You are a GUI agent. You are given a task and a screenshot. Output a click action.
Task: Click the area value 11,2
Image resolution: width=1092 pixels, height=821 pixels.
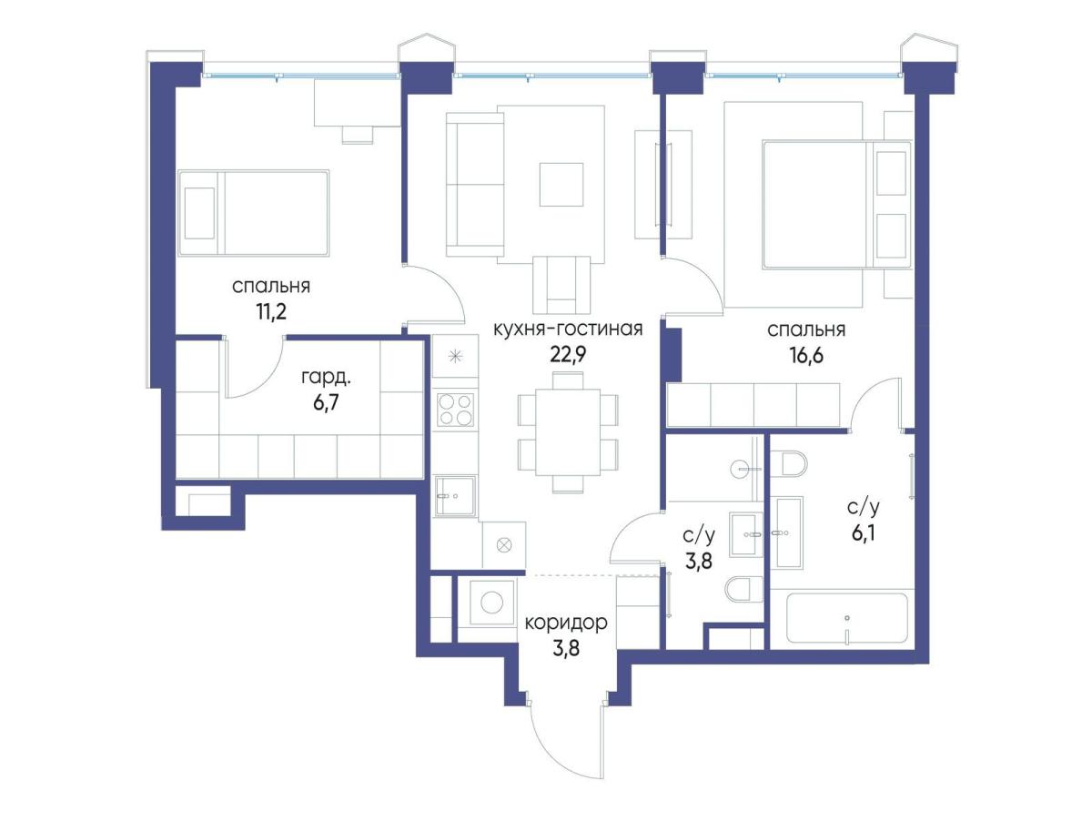(x=271, y=312)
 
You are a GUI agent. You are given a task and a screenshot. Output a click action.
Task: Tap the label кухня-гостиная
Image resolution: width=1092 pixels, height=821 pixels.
(x=568, y=329)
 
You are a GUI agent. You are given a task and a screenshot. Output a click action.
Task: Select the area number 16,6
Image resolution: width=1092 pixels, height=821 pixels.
(x=806, y=355)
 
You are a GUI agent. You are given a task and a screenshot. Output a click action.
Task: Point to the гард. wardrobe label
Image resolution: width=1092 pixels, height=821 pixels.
(x=326, y=378)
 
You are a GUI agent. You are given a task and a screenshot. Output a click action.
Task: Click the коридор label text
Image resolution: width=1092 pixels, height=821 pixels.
(x=566, y=623)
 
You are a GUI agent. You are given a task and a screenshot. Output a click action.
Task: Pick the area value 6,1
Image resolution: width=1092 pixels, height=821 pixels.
(x=864, y=533)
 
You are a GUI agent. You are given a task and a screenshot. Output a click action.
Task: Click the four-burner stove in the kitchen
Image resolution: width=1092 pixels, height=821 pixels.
(x=455, y=410)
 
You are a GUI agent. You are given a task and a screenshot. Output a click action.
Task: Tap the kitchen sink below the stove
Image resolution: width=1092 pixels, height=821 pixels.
(x=455, y=495)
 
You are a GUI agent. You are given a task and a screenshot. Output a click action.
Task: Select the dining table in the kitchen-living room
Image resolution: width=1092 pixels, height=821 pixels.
(x=568, y=432)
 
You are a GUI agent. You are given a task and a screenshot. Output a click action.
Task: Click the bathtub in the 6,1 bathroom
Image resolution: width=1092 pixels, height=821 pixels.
(x=846, y=619)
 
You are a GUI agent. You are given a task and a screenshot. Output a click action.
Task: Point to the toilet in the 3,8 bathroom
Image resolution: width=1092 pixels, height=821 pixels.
(x=743, y=590)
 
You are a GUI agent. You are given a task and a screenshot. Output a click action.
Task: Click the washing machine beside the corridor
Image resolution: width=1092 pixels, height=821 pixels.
(x=491, y=603)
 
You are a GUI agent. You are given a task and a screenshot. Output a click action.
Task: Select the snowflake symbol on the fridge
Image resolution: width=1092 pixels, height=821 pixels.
(x=455, y=356)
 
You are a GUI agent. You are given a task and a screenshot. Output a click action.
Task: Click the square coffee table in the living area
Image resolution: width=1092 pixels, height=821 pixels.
(x=561, y=184)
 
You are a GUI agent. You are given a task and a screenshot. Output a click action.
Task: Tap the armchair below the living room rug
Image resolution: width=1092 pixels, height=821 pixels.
(x=561, y=285)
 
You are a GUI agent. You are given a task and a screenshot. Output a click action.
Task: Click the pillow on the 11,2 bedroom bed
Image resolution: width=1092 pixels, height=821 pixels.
(x=199, y=213)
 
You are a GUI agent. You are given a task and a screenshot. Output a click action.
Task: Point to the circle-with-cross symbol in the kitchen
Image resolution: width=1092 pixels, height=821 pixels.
(x=504, y=545)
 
